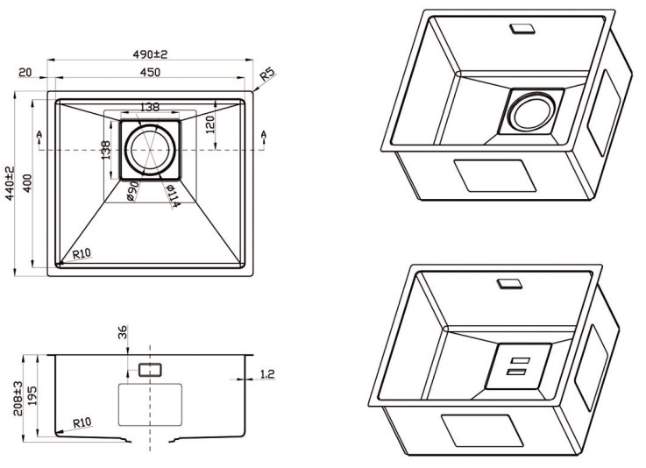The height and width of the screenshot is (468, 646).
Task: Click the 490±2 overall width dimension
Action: (150, 53)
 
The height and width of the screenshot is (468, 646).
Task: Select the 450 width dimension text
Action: (150, 74)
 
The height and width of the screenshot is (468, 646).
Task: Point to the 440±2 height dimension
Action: (11, 184)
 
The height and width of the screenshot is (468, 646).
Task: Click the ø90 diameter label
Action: (133, 192)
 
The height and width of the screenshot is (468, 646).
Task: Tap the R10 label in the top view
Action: (82, 254)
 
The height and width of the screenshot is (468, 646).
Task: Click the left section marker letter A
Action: (40, 134)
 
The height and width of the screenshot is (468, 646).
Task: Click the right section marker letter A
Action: (263, 134)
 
